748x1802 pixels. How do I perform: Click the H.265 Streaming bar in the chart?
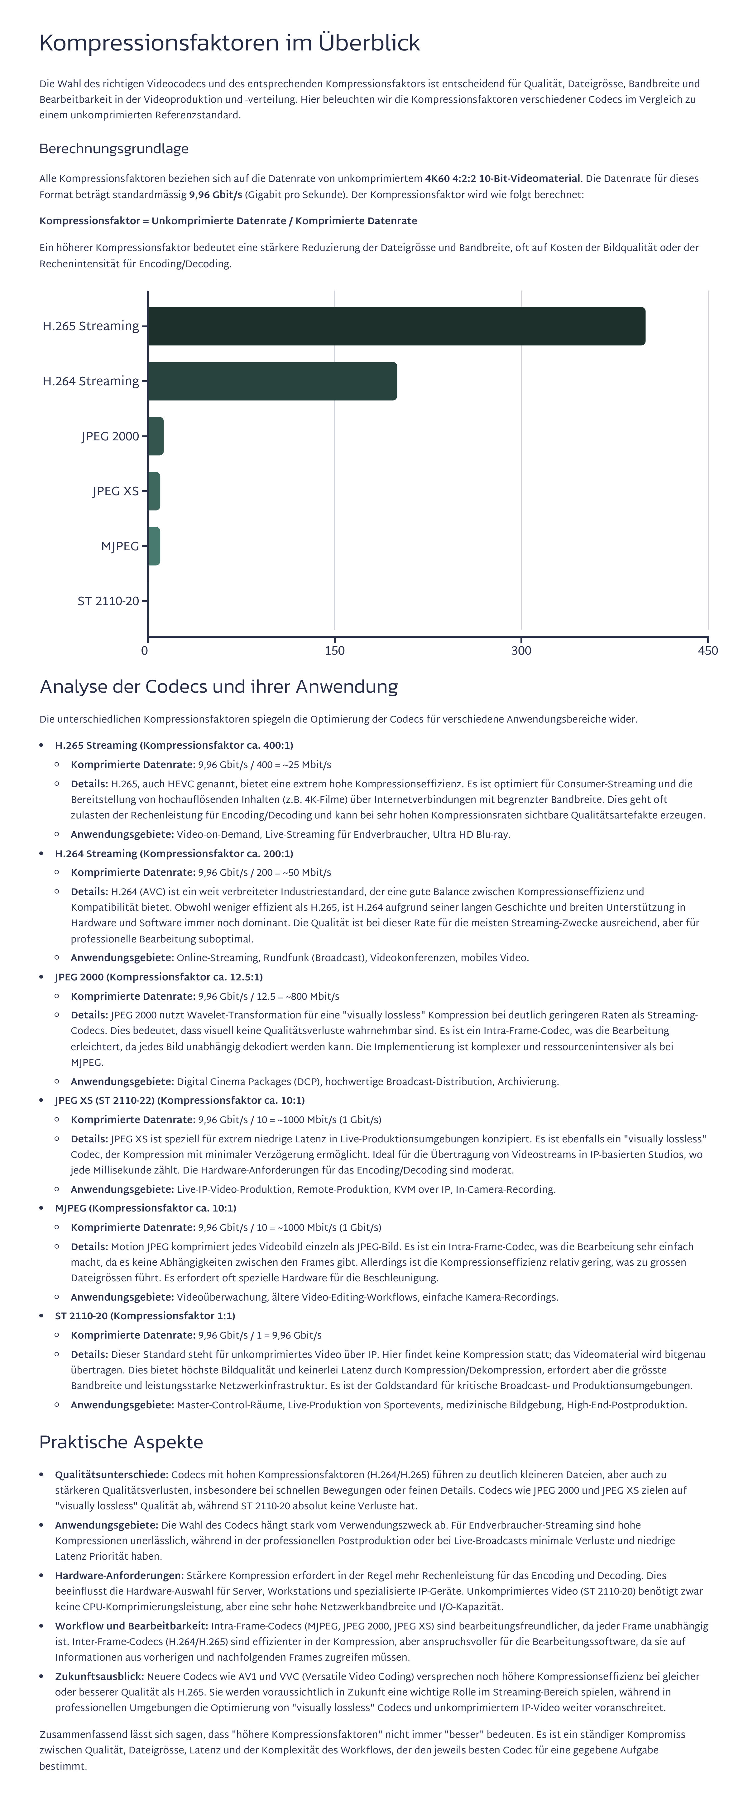point(396,326)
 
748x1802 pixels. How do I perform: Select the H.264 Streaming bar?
point(272,381)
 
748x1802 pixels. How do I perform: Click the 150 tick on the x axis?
point(334,651)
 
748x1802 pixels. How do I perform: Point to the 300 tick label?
point(521,651)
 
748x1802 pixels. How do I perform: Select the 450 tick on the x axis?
point(707,651)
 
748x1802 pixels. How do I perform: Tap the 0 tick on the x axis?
point(145,651)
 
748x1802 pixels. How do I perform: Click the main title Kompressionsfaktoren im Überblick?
point(229,43)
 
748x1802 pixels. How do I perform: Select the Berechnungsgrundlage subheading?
point(113,149)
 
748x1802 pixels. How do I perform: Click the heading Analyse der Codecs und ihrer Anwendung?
point(218,686)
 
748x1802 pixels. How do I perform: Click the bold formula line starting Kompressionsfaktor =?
point(228,221)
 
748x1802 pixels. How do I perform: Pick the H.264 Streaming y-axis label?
point(91,381)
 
